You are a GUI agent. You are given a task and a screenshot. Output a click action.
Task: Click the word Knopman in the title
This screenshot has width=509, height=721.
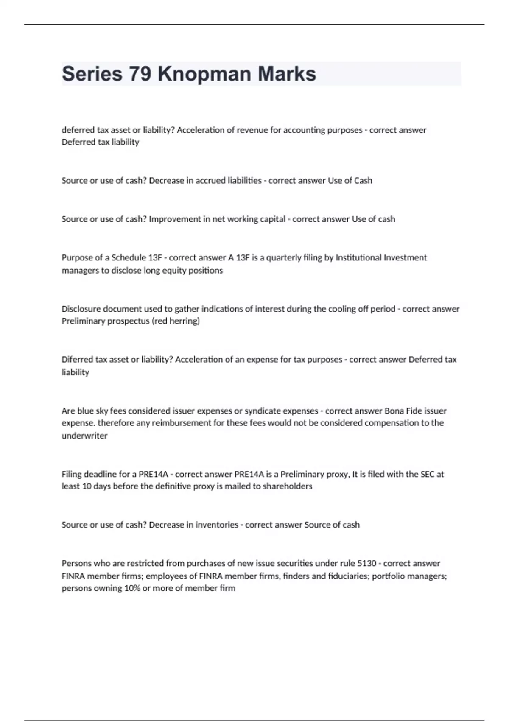[x=204, y=74]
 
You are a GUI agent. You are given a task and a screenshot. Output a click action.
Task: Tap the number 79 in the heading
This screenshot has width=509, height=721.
[x=140, y=74]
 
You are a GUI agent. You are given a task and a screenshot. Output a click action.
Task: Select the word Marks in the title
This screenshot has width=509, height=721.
[x=287, y=74]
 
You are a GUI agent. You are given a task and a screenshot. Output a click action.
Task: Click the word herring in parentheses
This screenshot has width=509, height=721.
[x=185, y=321]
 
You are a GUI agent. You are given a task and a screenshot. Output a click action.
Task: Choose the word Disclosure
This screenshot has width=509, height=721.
[x=81, y=309]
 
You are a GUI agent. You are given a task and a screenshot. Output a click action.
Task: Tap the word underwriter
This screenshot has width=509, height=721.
[x=84, y=436]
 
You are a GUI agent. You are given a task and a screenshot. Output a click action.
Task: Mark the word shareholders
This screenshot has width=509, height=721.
[x=287, y=486]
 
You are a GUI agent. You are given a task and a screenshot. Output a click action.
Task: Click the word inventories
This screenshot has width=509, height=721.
[x=216, y=525]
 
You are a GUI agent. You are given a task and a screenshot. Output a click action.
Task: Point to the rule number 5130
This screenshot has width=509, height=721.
[x=366, y=563]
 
